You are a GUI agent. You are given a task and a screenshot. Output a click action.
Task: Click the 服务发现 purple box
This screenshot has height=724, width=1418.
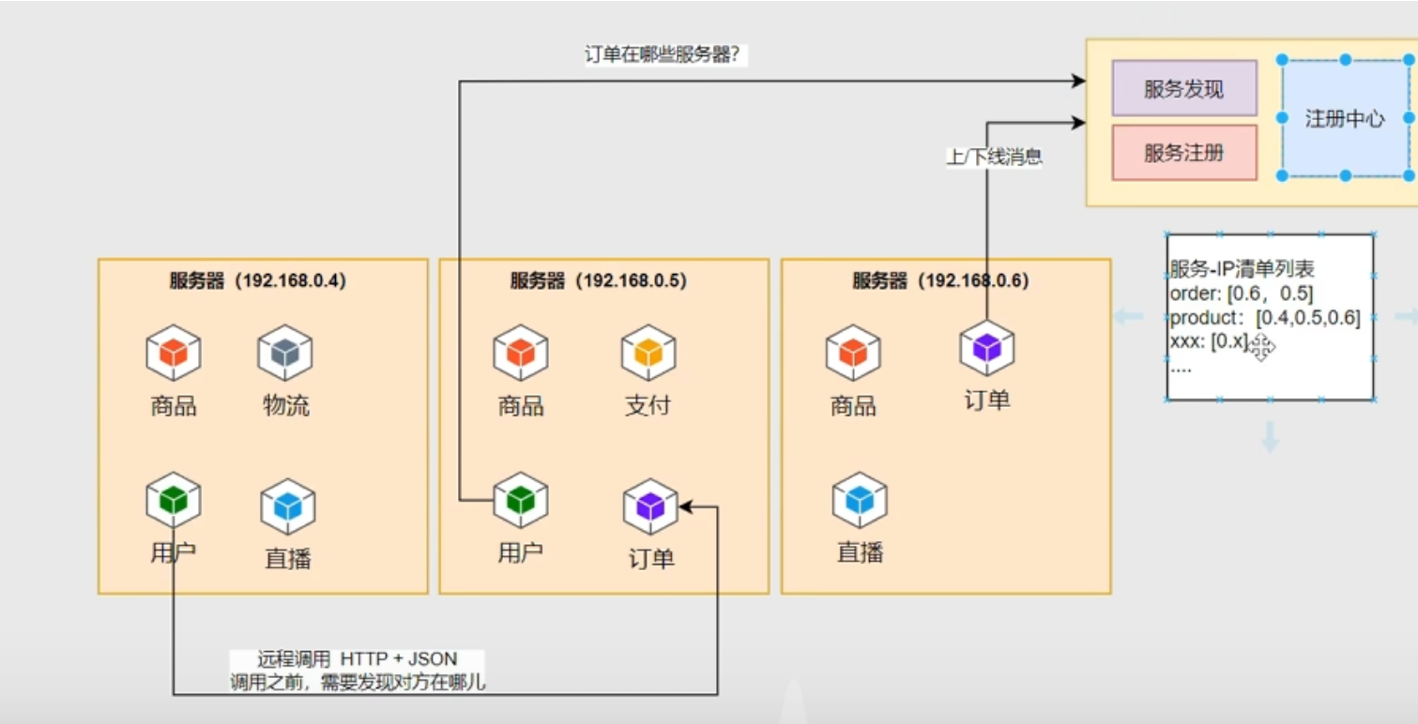coord(1183,88)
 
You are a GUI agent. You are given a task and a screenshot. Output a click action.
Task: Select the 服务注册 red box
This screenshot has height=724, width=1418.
coord(1183,152)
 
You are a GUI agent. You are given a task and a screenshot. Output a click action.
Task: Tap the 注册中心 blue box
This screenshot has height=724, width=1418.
coord(1345,118)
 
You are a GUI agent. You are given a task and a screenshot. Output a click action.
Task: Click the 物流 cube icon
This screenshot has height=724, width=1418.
coord(285,353)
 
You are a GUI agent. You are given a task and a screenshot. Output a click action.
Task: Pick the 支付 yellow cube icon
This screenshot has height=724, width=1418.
coord(648,353)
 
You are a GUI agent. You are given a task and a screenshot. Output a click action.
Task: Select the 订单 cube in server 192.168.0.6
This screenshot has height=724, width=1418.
coord(986,347)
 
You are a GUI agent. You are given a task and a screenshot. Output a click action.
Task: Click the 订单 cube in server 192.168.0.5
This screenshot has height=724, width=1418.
coord(650,506)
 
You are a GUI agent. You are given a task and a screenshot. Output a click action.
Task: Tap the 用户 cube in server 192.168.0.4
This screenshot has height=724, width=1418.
coord(174,500)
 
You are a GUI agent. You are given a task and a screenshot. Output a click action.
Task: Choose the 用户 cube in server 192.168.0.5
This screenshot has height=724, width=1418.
coord(521,500)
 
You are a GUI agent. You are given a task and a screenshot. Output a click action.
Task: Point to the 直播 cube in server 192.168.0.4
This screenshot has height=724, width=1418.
coord(287,506)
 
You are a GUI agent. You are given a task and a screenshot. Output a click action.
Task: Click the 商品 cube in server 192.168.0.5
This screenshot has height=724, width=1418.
coord(521,353)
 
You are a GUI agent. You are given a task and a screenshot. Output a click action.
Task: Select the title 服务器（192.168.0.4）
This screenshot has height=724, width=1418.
coord(257,280)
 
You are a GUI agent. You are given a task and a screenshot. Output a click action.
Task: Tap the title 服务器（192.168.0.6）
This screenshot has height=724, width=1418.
coord(940,280)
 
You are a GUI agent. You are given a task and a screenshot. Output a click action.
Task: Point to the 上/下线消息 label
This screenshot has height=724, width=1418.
coord(994,158)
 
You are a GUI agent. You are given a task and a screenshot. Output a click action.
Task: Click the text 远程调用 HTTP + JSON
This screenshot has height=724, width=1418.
coord(357,659)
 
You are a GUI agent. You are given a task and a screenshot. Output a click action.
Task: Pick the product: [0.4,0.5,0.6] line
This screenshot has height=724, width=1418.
coord(1265,318)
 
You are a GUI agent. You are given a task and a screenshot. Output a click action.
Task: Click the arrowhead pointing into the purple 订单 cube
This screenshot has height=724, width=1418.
coord(686,506)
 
